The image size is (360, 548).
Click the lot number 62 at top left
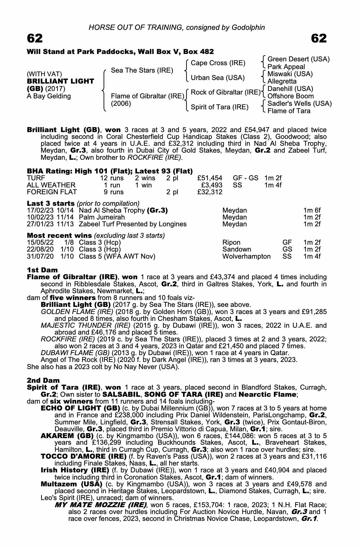(35, 38)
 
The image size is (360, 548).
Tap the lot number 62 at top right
(319, 38)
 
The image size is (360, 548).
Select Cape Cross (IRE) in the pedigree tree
(218, 63)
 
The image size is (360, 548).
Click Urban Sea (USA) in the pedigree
(218, 78)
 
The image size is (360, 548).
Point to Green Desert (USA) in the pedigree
(298, 59)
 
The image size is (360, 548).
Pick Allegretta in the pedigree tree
(282, 81)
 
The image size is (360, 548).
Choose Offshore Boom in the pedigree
(290, 96)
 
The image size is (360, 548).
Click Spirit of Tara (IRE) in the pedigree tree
(219, 107)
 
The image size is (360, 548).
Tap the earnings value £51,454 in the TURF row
(210, 178)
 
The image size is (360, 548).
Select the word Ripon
(231, 242)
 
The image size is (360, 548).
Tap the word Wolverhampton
(246, 256)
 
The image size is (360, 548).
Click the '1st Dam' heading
(42, 270)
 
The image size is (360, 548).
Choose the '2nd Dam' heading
(43, 380)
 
